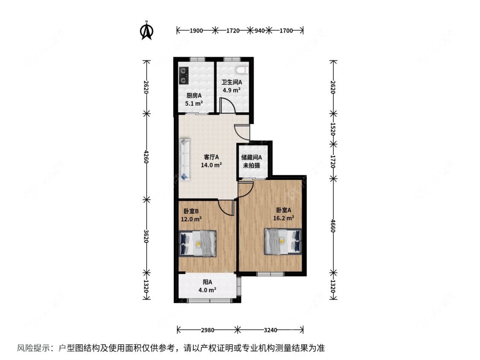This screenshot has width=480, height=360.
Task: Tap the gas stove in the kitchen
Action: pos(183,75)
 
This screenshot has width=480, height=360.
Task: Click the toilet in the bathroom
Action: pos(241,69)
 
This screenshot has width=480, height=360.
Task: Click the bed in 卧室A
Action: pos(282,241)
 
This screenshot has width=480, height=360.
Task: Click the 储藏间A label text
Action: pos(251,157)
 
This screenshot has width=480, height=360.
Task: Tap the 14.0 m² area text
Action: pos(212,165)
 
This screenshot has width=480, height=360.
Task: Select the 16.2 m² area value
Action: pos(283,218)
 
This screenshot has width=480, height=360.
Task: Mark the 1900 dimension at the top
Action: pos(196,30)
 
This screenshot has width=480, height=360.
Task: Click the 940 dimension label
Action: pos(260,30)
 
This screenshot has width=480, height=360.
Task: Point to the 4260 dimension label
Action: pos(146,156)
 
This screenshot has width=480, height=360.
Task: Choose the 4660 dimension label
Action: pos(333,225)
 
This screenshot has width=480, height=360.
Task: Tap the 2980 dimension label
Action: pos(207,330)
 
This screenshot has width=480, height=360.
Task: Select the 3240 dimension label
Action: pos(271,330)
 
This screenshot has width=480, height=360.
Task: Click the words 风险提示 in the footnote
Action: pos(32,348)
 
